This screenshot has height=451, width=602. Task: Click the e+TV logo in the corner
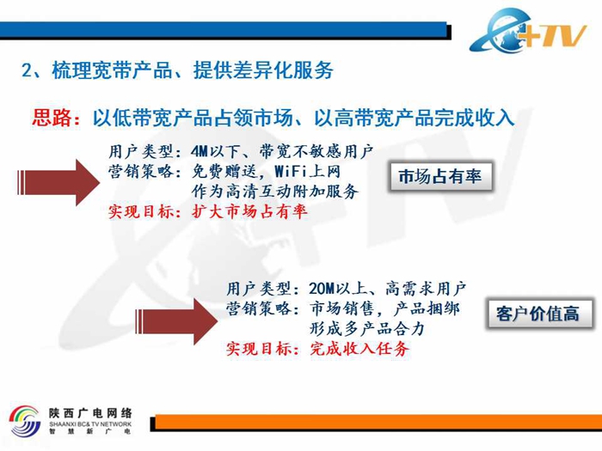point(528,30)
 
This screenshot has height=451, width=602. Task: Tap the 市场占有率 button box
point(440,176)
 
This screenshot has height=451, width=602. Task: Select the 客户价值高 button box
point(538,314)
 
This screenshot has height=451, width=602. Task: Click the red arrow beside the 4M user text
point(58,182)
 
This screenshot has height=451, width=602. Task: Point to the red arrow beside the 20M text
point(176,321)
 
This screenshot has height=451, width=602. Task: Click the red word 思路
point(51,118)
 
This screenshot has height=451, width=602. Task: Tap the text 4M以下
point(215,151)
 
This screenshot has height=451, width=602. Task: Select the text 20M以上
point(337,289)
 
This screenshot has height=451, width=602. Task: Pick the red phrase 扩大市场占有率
point(249,211)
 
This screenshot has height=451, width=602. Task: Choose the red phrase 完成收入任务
point(359,348)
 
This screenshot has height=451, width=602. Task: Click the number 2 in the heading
point(27,70)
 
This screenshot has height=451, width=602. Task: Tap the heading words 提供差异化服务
point(263,70)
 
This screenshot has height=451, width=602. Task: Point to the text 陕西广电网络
point(90,413)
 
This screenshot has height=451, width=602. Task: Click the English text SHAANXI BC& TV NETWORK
point(90,424)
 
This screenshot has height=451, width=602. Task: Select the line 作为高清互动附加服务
point(275,192)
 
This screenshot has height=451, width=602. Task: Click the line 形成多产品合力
point(367,329)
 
